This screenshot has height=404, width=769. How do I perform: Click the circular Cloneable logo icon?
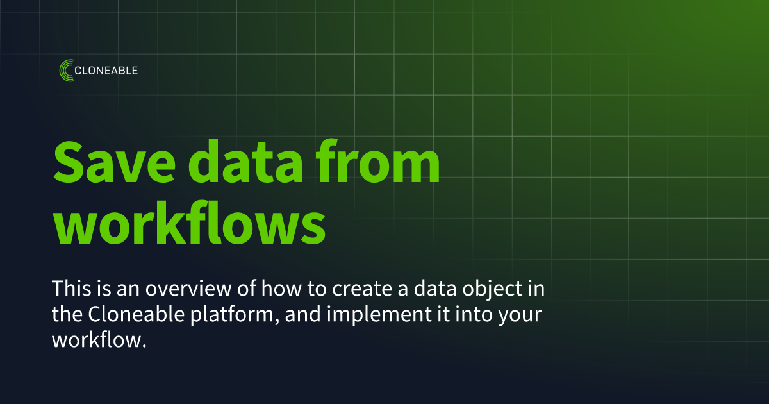66,71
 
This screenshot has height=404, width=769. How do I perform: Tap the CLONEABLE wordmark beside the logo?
106,71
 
